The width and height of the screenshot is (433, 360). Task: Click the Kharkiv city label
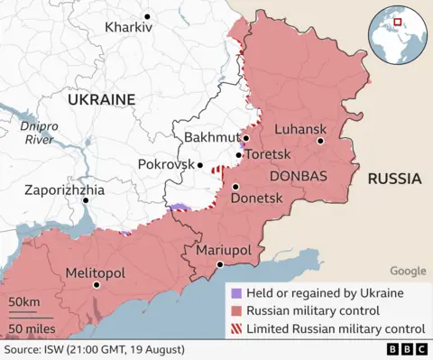[128, 28]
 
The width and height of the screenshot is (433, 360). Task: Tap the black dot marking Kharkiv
[147, 16]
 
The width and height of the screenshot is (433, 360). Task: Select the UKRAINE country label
[99, 98]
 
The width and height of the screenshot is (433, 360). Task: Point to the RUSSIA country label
[394, 179]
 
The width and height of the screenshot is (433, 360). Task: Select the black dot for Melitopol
[97, 285]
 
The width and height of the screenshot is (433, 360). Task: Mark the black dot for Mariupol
[219, 264]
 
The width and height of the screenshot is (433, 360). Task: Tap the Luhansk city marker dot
[320, 141]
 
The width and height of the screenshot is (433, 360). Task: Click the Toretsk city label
[268, 154]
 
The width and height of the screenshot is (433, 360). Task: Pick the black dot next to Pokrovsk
[203, 165]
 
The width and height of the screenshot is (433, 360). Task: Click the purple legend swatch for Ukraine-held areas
[235, 293]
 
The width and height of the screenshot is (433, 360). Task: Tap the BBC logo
[406, 349]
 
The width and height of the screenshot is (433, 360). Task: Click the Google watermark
[408, 271]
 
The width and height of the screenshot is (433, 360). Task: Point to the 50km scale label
[24, 301]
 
